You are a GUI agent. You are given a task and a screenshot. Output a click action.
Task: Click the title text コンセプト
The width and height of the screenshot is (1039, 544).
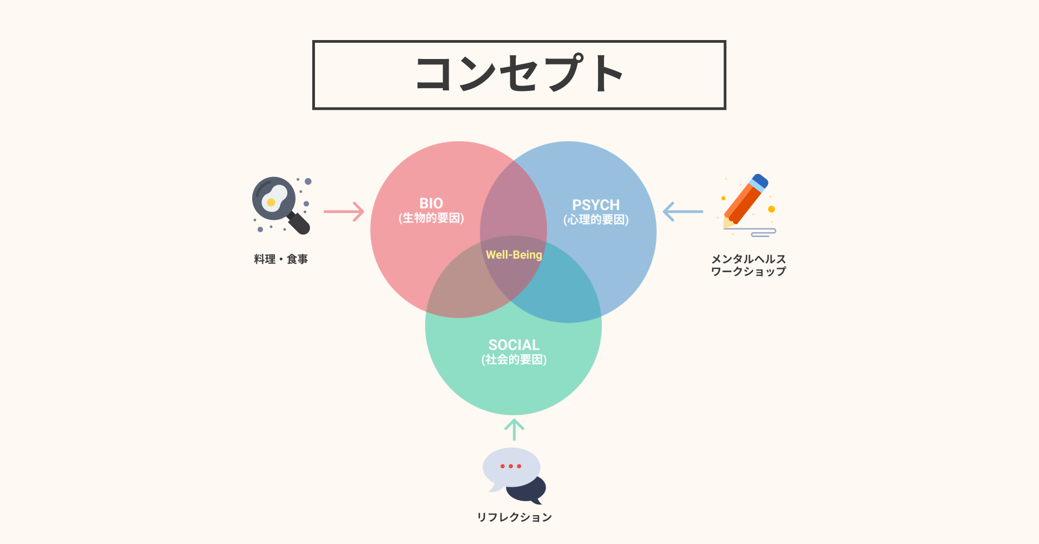(519, 74)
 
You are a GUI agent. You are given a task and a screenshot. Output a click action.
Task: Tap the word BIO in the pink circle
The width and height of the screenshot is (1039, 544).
(431, 204)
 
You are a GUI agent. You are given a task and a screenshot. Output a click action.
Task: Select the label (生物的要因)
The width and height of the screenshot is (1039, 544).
(431, 218)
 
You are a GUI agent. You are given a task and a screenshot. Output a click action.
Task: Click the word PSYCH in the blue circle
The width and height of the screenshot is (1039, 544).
(596, 205)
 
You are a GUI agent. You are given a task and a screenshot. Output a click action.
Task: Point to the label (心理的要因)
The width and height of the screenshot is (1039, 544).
(596, 220)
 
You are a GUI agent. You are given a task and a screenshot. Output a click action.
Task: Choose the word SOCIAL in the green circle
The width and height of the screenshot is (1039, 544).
(514, 345)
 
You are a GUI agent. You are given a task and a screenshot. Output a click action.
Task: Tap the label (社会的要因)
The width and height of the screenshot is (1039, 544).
(514, 359)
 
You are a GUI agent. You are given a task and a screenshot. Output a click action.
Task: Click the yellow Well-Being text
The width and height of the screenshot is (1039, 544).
(514, 255)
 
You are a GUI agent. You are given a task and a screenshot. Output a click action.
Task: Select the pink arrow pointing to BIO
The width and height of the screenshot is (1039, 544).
(344, 212)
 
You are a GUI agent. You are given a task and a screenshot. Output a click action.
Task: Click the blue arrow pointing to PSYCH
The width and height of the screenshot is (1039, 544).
(683, 212)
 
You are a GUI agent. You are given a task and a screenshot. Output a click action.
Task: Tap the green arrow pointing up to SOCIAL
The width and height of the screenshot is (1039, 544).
(514, 430)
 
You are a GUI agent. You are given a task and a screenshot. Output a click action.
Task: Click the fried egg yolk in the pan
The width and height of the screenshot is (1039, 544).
(271, 202)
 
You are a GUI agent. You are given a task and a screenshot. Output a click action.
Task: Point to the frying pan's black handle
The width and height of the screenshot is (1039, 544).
(299, 223)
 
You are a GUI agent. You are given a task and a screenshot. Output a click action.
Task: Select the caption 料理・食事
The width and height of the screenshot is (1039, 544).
(281, 259)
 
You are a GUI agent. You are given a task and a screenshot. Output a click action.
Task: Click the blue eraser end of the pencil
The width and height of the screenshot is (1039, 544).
(760, 181)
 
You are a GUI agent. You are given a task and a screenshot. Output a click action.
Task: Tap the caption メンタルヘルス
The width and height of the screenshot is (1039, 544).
(748, 259)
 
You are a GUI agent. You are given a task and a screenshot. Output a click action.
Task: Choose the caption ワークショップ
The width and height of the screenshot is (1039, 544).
(748, 272)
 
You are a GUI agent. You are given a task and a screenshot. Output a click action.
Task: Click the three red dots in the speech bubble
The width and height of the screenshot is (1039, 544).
(511, 466)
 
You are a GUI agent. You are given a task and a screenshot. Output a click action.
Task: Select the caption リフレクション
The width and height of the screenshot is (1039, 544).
(514, 517)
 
